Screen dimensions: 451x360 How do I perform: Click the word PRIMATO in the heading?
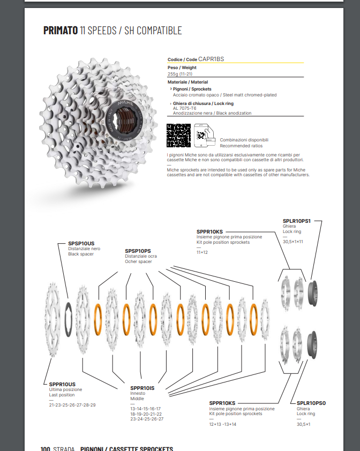pos(61,31)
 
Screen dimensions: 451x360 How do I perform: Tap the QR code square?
pos(178,135)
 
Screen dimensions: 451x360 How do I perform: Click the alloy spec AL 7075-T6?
pos(185,108)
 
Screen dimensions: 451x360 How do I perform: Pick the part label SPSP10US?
pos(81,243)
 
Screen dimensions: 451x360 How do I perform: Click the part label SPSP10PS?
pos(138,251)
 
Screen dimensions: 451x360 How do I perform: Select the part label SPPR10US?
pos(62,384)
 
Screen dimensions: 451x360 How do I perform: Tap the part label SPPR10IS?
pos(142,388)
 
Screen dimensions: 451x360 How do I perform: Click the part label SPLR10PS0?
pos(311,402)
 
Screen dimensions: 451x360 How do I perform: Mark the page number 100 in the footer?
pos(45,448)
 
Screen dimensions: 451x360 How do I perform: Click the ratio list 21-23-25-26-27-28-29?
pos(72,405)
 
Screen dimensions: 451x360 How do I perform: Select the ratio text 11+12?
pos(202,252)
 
